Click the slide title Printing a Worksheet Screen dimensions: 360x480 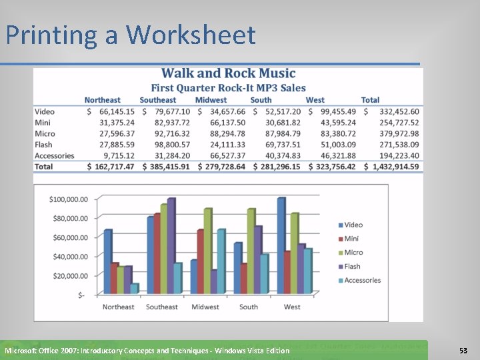[x=131, y=35]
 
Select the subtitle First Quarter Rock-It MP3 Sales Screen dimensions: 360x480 [x=228, y=87]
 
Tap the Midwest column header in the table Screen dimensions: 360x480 [x=211, y=100]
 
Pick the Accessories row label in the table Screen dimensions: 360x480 [x=54, y=155]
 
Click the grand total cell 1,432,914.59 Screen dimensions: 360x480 [x=393, y=166]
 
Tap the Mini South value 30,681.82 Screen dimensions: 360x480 [x=283, y=123]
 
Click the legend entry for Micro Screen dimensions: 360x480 [x=353, y=253]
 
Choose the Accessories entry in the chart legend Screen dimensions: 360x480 [x=361, y=281]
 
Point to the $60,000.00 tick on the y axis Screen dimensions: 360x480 [x=69, y=237]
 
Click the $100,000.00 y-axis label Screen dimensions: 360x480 [x=69, y=199]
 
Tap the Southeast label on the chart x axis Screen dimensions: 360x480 [x=162, y=307]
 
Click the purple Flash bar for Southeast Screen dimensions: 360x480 [x=171, y=246]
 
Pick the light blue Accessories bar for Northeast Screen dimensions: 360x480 [x=135, y=289]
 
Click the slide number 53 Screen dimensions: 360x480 [x=463, y=350]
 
